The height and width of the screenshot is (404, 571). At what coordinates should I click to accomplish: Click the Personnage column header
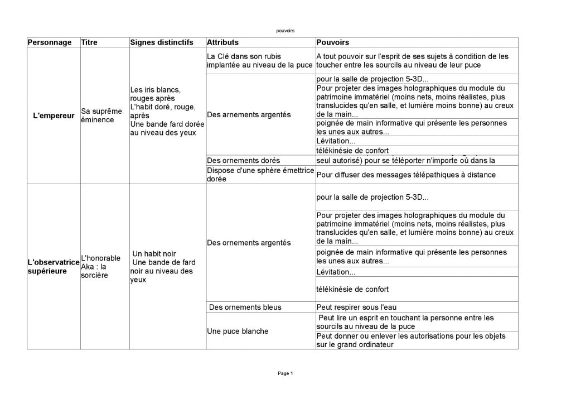(50, 42)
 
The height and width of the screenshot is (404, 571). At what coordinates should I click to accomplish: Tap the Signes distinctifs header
(162, 42)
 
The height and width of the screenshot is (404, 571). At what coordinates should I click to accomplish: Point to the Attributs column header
(222, 42)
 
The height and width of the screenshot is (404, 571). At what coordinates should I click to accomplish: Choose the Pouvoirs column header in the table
(333, 42)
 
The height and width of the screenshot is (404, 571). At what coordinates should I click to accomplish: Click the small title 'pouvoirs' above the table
(285, 31)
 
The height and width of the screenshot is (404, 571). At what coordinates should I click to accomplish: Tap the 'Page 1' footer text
(285, 373)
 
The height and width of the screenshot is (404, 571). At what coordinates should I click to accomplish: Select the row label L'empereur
(54, 116)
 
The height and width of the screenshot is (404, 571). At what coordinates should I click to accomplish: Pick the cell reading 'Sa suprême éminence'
(101, 116)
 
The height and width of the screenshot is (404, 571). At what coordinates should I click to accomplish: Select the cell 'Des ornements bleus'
(245, 307)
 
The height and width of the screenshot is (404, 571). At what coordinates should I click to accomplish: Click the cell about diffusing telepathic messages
(406, 175)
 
